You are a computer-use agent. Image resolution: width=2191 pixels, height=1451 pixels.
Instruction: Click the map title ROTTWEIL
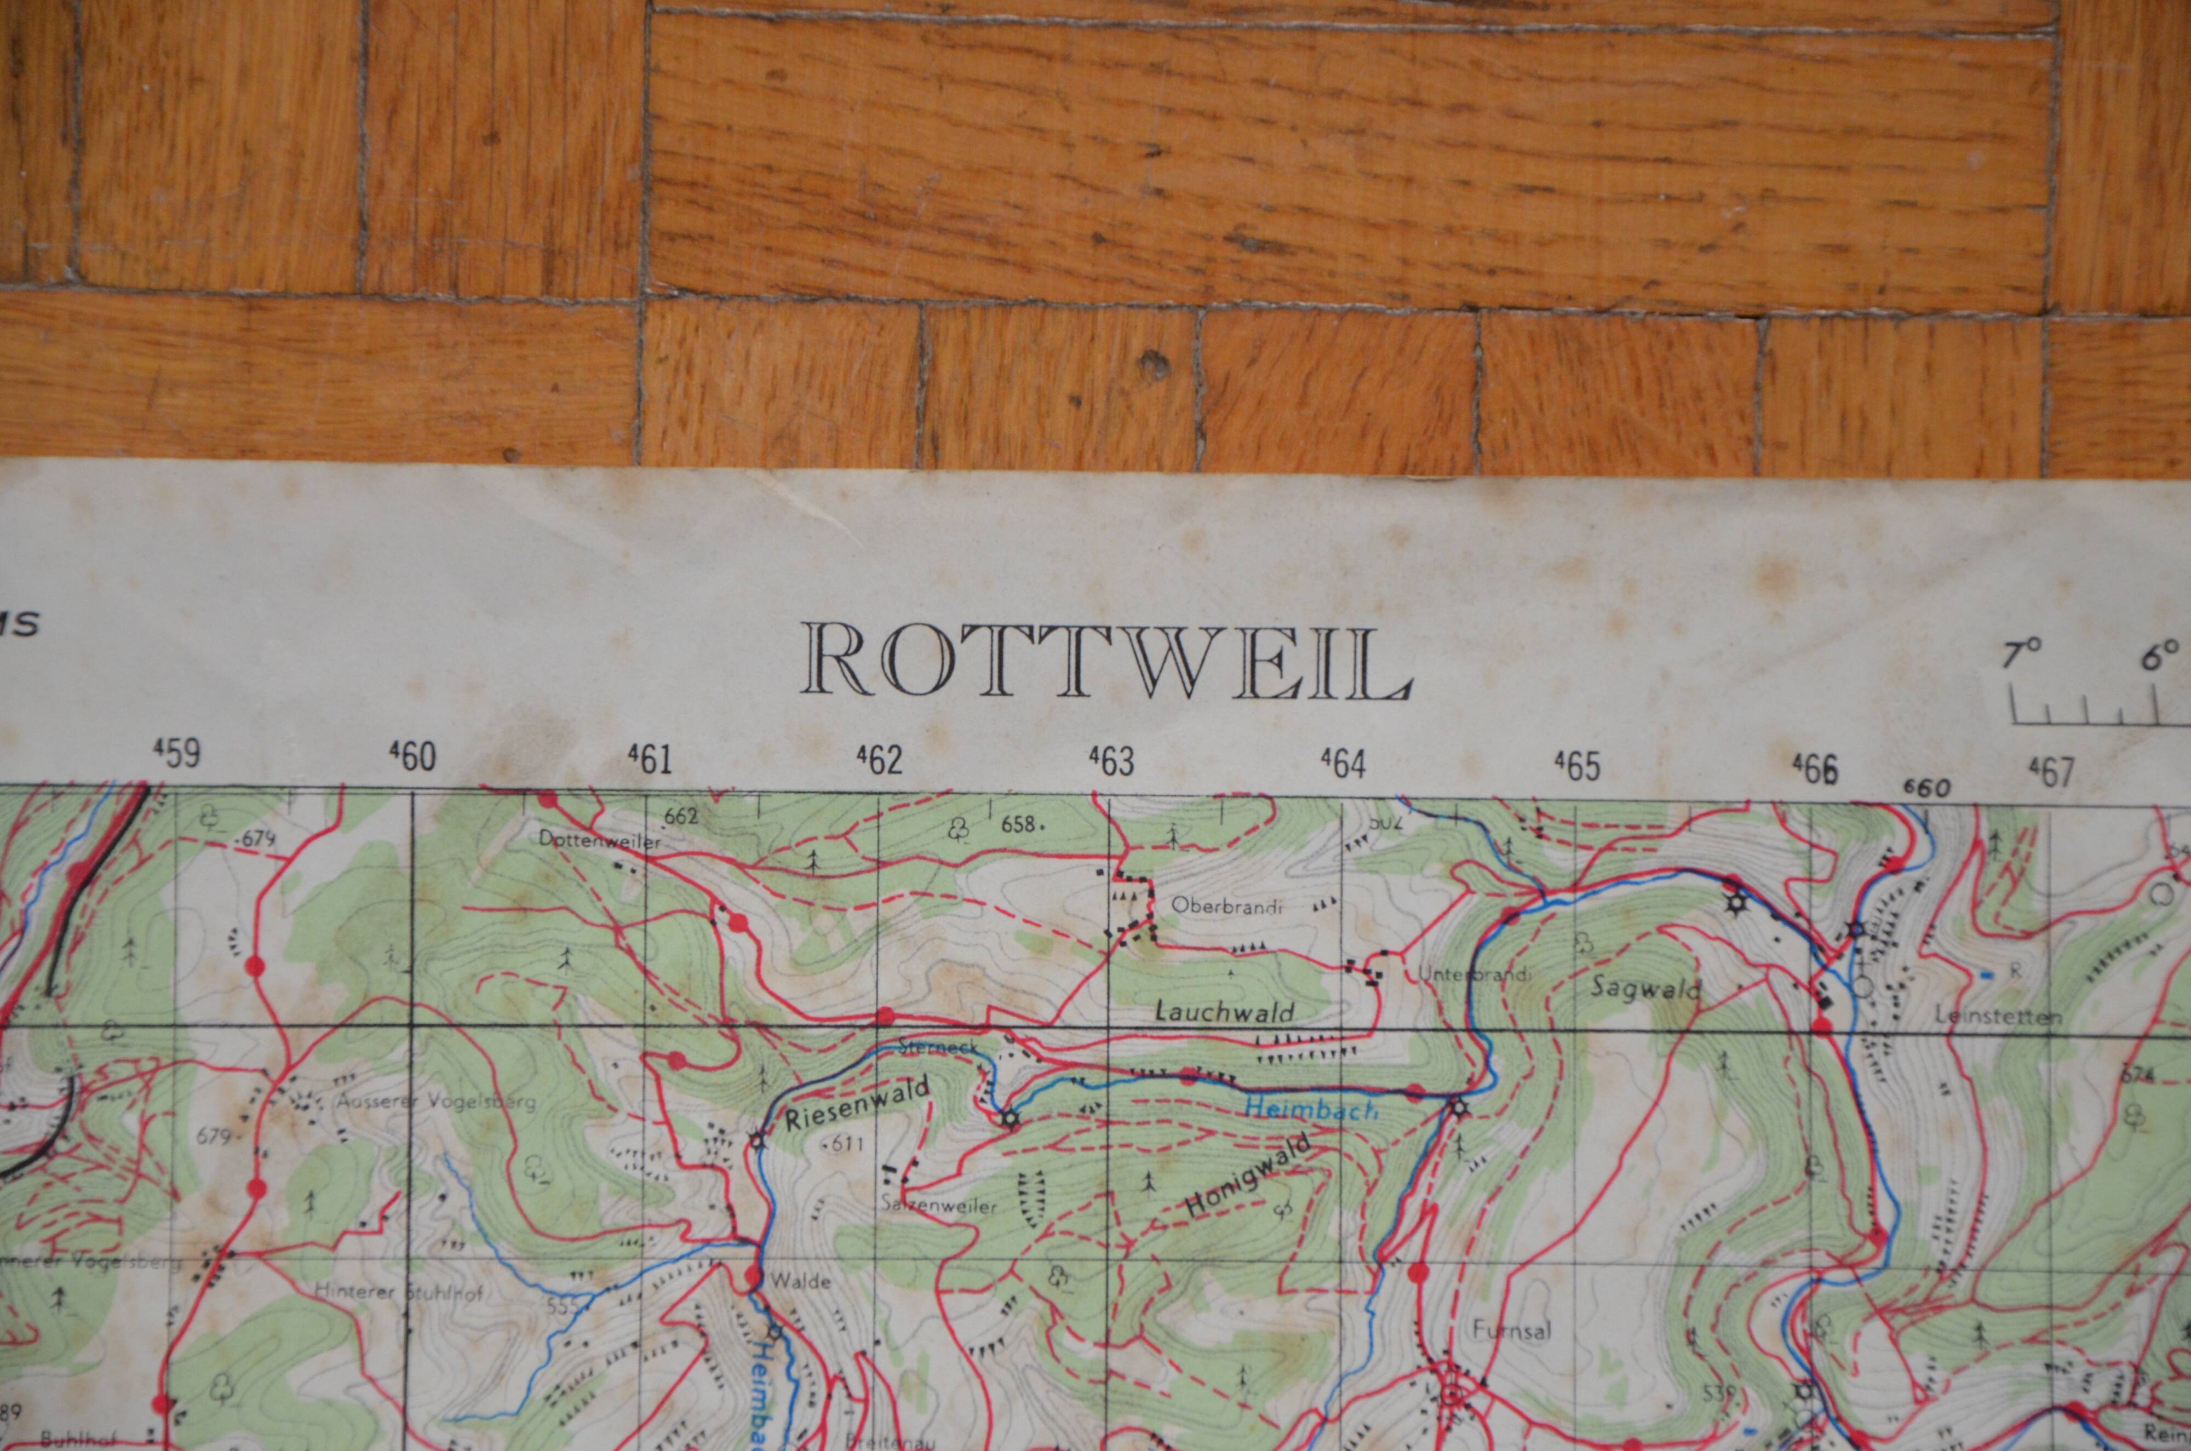[1106, 662]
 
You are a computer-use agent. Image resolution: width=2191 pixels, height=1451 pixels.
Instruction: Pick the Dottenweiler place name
[601, 842]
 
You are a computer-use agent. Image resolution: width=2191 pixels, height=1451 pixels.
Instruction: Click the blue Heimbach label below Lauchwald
[1311, 1108]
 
